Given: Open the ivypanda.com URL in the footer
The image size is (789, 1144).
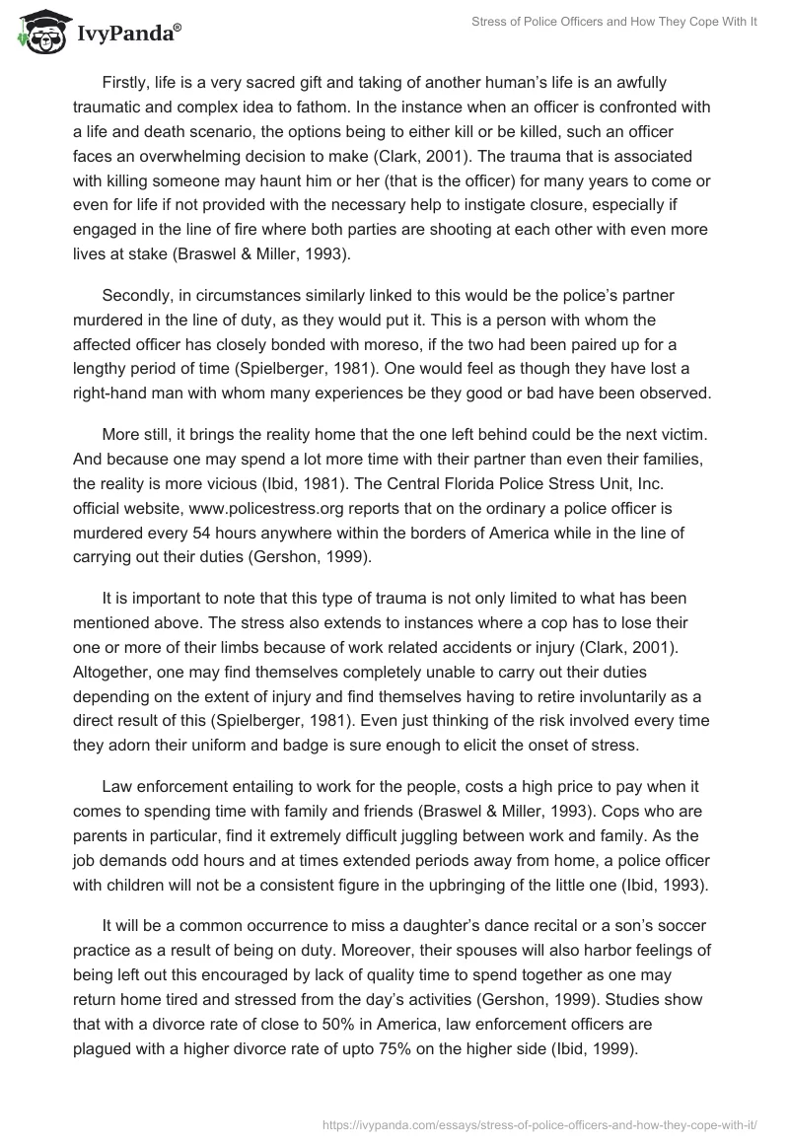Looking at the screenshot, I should [549, 1122].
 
